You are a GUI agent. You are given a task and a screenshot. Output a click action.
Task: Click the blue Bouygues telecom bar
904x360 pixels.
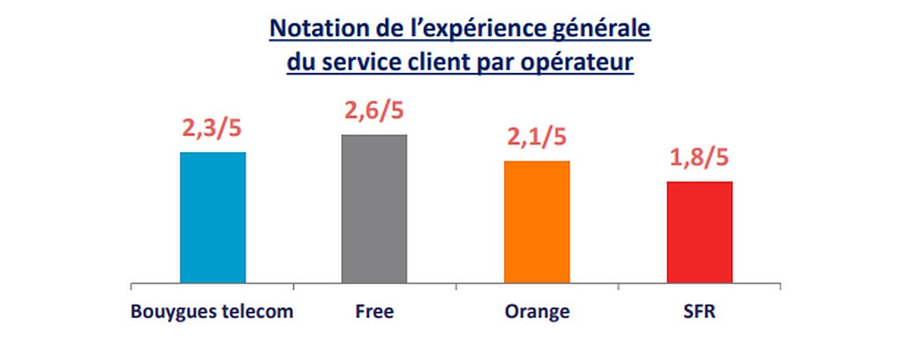click(212, 218)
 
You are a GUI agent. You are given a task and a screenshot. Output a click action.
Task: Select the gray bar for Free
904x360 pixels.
click(374, 209)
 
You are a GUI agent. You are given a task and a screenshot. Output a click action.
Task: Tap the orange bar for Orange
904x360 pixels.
click(537, 222)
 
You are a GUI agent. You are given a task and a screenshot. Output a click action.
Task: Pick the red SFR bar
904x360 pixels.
click(700, 232)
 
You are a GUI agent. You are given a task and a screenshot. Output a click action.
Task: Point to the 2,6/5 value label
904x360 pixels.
click(374, 111)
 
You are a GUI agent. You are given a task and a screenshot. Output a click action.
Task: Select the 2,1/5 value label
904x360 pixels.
click(537, 138)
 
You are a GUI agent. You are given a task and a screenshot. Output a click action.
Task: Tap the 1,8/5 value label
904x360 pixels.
click(700, 159)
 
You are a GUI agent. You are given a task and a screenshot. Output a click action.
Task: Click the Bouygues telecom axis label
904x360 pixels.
click(212, 312)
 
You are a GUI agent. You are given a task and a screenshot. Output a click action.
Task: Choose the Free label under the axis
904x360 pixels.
click(374, 312)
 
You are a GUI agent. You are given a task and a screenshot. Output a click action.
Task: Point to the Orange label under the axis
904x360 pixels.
click(537, 312)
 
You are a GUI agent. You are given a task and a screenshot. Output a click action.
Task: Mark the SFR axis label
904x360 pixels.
click(700, 312)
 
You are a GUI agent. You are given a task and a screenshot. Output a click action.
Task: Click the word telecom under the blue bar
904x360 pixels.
click(258, 312)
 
